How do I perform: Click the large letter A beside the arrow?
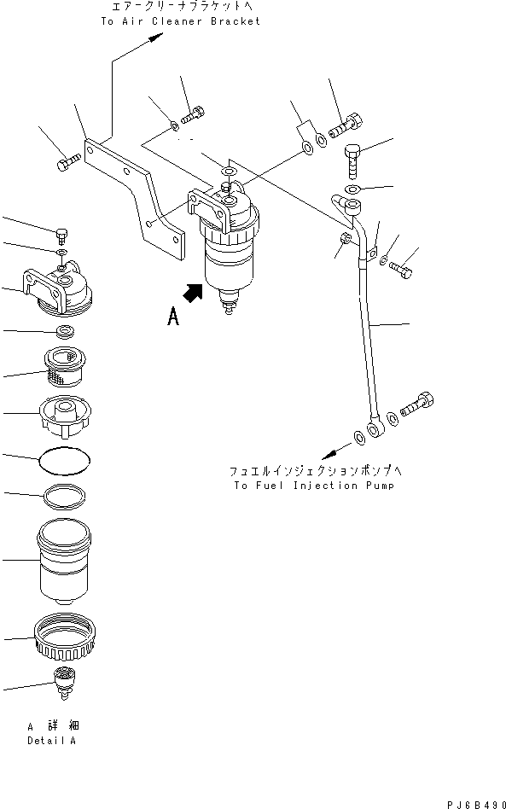pos(173,317)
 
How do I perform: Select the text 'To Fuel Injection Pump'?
pos(307,485)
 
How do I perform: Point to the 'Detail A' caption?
pos(50,741)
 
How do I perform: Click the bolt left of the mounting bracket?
pos(69,160)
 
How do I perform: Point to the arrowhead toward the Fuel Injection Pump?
pos(327,457)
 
